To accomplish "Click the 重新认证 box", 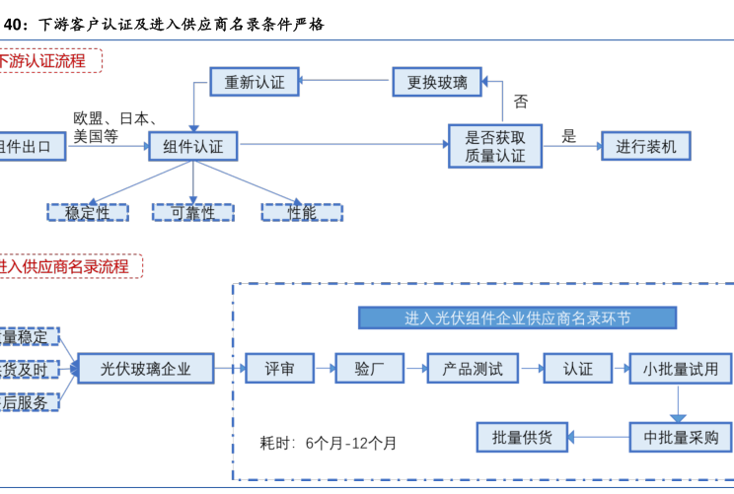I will [255, 83].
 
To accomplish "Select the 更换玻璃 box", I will [437, 83].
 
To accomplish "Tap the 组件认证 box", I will [193, 147].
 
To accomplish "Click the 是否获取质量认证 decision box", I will [495, 146].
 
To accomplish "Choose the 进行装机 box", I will [646, 147].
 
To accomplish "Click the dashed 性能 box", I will [302, 211].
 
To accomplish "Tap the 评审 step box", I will [279, 369].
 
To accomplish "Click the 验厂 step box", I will [369, 369].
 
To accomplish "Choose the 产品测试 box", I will [467, 369].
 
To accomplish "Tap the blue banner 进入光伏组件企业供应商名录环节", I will [517, 318].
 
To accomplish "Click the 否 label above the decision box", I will [521, 102].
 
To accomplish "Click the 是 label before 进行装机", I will [569, 136].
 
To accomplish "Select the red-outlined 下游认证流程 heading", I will [54, 61].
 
